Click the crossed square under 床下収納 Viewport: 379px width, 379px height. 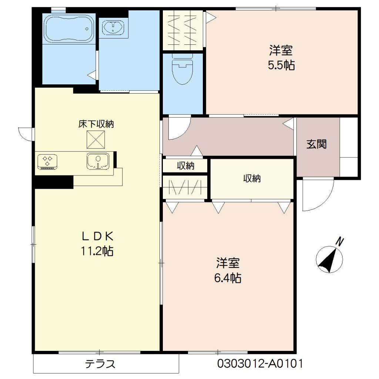tap(96, 140)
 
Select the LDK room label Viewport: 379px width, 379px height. tap(97, 236)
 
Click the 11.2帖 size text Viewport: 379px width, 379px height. tap(97, 252)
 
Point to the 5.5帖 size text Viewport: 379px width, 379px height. tap(281, 65)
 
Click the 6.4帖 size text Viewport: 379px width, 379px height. tap(228, 278)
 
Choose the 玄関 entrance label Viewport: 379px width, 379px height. tap(316, 144)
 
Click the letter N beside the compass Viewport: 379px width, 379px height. tap(340, 242)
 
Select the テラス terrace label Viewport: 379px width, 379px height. tap(100, 364)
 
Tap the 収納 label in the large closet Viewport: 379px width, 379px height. tap(252, 179)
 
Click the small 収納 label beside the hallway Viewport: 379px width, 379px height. tap(185, 166)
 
